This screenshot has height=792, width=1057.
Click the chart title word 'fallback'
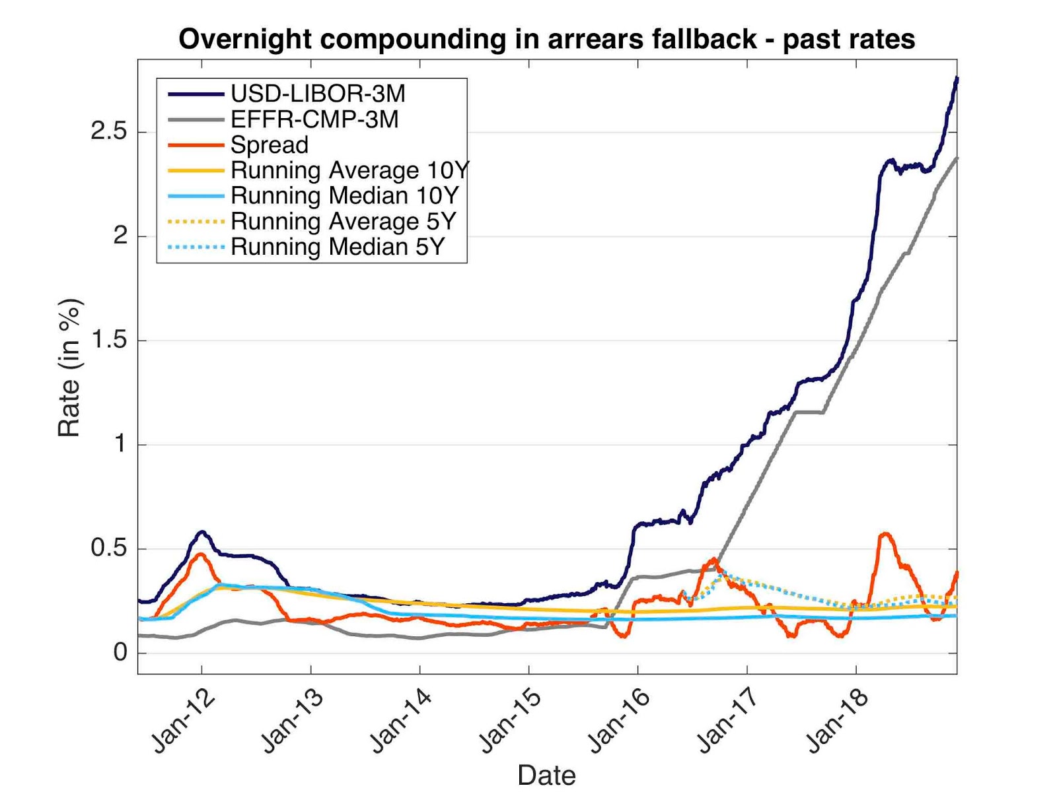[704, 39]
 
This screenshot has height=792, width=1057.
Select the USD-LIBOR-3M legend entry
[317, 94]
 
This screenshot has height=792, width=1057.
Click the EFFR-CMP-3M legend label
[314, 119]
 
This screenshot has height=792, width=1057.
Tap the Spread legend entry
[270, 145]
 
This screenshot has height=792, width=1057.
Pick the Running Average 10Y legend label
[349, 170]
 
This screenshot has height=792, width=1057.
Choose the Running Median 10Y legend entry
[344, 196]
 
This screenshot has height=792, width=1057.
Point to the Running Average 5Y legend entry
[343, 221]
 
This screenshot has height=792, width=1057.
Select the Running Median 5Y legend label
[338, 247]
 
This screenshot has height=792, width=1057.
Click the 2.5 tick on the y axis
[109, 131]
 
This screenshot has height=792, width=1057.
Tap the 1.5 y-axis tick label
[109, 340]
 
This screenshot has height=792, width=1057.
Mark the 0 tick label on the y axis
[120, 652]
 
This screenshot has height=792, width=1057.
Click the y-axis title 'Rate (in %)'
[69, 368]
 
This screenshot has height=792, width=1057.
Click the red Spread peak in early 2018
[885, 534]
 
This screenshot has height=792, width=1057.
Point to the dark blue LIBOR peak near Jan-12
[202, 531]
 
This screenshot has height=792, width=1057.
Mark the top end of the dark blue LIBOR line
[957, 78]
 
